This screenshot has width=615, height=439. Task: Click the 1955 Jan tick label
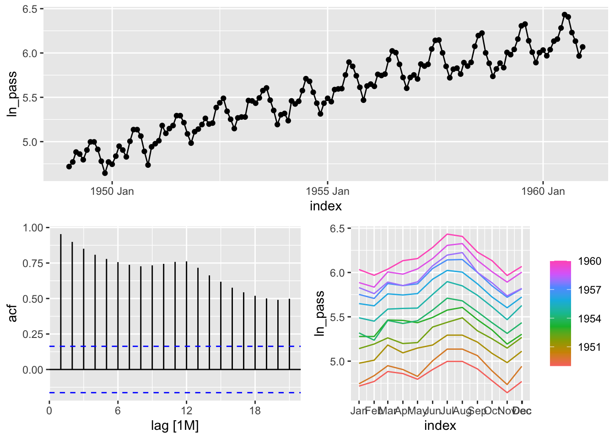pos(327,191)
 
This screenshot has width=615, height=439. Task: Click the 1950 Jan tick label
pos(112,191)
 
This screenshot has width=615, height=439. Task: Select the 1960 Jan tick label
pos(543,191)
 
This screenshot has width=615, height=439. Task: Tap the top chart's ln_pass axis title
pos(12,94)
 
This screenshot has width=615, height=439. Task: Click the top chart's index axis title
pos(325,206)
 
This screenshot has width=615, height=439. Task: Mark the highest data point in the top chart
pos(564,15)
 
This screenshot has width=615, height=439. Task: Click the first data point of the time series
pos(69,166)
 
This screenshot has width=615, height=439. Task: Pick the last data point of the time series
pos(583,47)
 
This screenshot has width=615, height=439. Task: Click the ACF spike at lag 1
pos(61,302)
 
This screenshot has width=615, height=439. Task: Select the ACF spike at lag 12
pos(186,316)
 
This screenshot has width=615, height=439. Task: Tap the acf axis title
pos(12,313)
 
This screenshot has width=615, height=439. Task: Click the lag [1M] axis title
pos(175,426)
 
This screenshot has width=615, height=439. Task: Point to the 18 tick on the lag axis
pos(255,411)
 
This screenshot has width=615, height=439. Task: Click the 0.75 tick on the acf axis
pos(32,263)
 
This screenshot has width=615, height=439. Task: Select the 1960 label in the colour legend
pos(589,262)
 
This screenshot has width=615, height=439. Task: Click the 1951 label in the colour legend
pos(589,348)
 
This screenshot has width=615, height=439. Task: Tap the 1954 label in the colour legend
pos(589,319)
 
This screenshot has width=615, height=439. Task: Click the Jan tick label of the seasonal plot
pos(358,411)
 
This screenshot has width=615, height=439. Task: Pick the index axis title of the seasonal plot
pos(440,426)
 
